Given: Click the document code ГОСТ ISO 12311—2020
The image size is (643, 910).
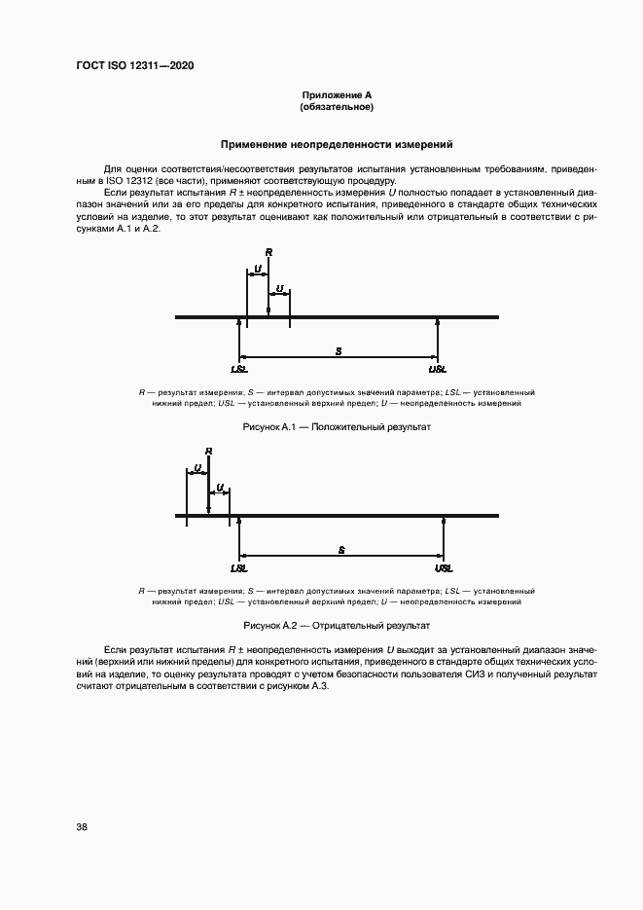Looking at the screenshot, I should click(142, 66).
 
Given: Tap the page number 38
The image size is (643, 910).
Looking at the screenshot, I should click(82, 827).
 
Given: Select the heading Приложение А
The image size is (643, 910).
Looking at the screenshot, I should click(337, 94).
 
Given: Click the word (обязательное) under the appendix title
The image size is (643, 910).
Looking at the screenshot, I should click(337, 106).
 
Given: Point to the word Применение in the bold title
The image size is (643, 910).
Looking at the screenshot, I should click(254, 145).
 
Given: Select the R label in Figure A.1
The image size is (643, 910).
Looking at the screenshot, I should click(268, 252).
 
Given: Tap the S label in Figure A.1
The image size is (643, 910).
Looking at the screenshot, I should click(338, 348).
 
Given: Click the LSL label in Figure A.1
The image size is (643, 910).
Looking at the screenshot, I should click(239, 370).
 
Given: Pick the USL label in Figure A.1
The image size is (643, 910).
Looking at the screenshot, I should click(438, 370).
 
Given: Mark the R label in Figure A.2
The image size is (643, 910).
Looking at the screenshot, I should click(209, 451).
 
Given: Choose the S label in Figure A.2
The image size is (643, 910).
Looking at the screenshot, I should click(341, 550).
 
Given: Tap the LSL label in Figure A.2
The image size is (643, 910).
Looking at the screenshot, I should click(239, 568).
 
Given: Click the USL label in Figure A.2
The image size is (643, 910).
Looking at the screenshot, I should click(444, 568).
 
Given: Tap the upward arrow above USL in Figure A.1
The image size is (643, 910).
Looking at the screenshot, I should click(438, 336).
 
